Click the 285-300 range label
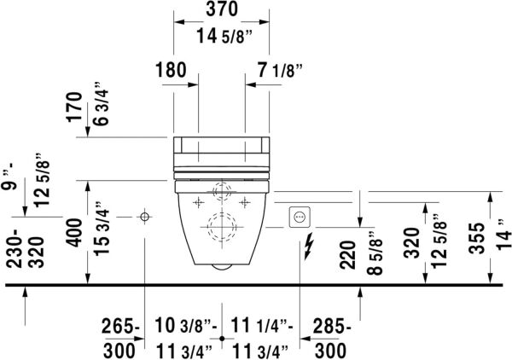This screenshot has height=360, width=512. pos(329,338)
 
